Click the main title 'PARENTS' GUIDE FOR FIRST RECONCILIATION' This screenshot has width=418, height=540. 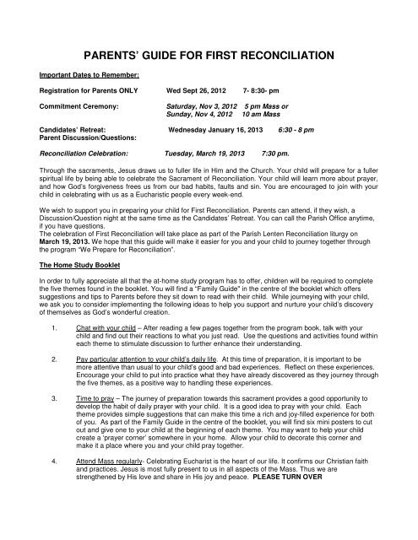point(209,58)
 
